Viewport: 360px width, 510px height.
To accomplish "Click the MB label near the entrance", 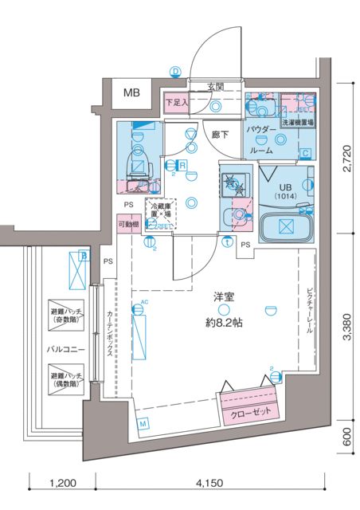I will (x=131, y=92).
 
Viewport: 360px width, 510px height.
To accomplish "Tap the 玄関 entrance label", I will (x=216, y=86).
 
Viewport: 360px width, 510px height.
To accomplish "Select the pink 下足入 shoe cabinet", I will (x=176, y=103).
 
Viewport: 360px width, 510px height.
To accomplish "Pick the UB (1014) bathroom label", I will (x=284, y=190).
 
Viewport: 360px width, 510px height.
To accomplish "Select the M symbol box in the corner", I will (x=143, y=424).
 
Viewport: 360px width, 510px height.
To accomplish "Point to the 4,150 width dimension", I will (x=211, y=483).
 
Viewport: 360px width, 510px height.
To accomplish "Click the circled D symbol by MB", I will (x=175, y=71).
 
